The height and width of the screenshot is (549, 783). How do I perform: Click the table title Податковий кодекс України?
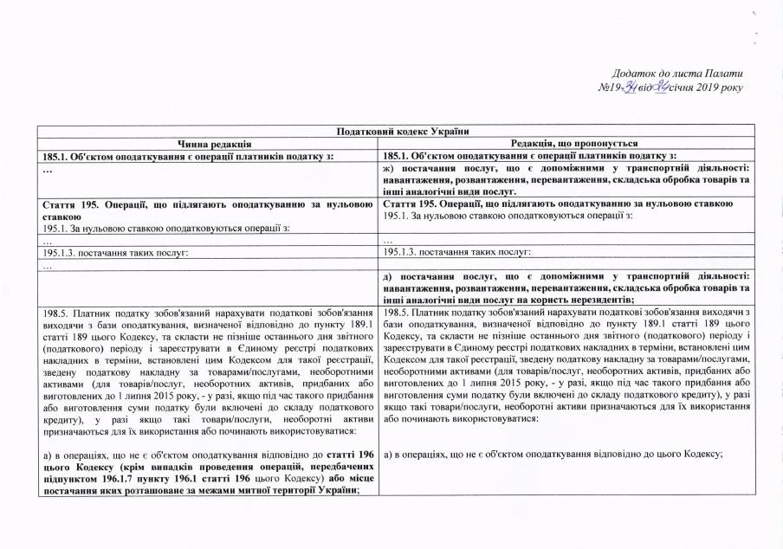coord(391,131)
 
